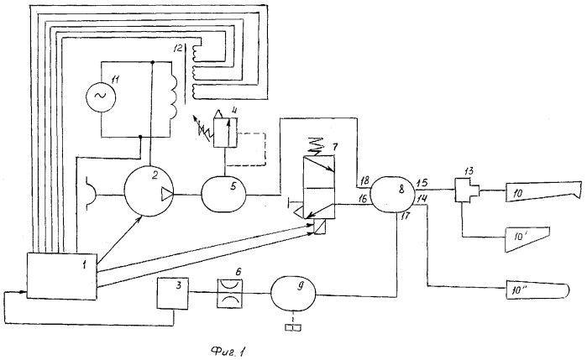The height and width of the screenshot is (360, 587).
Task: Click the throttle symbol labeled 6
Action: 230,294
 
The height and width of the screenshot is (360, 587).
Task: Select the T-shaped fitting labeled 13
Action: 468,190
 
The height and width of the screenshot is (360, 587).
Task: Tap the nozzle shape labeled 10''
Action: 537,290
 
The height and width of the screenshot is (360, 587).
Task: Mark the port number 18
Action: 364,180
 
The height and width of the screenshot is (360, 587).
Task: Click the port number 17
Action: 406,217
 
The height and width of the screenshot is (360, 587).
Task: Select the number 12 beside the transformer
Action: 178,48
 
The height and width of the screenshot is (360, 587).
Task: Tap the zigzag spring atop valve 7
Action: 316,145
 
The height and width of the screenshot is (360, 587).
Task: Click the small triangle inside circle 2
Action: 166,194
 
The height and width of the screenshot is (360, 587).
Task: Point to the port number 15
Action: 422,184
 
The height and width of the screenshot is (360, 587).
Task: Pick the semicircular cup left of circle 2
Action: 91,195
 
